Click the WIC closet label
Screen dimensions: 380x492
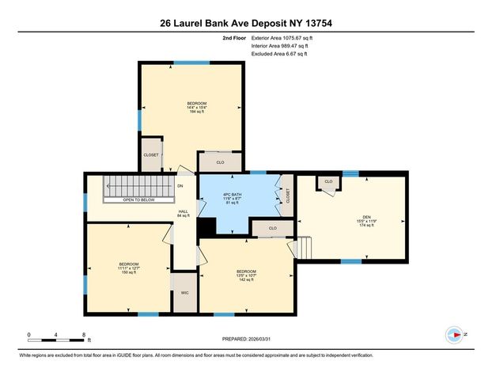184,292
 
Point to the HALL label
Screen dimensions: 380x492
184,212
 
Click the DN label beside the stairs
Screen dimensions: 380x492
180,186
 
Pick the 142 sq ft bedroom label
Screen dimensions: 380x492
246,276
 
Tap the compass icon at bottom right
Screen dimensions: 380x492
453,335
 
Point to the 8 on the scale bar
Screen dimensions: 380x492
83,336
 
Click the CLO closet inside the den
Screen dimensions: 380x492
328,182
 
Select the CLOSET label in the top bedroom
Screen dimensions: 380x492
151,154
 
